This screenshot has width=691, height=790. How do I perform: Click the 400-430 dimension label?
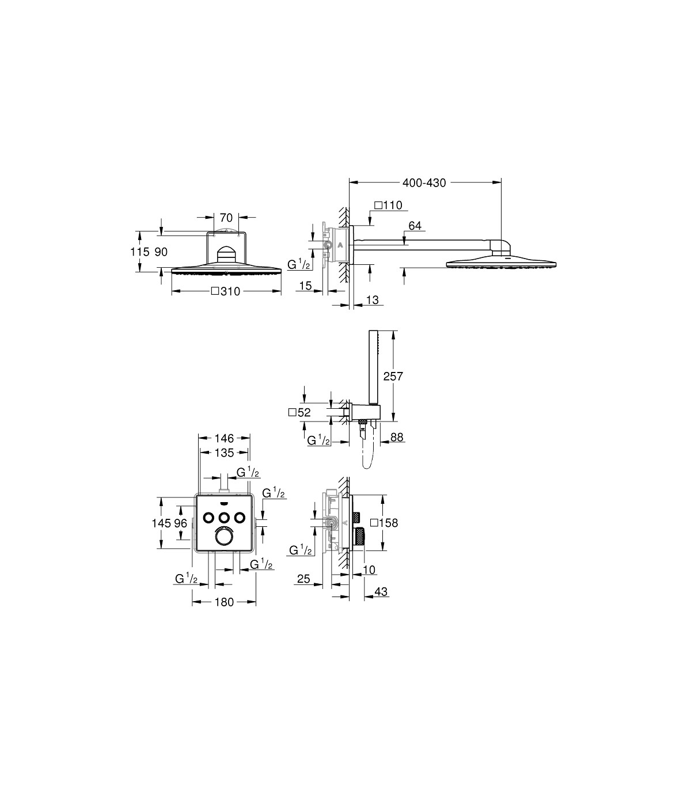424,183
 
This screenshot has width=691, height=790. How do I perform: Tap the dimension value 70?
226,218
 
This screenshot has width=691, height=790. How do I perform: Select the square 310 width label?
226,291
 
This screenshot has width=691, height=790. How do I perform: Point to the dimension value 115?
139,252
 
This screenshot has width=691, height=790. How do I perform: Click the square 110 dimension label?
388,205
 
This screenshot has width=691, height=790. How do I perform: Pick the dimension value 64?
415,226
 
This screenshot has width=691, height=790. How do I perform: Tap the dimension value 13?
372,299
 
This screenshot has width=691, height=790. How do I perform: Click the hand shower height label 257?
393,375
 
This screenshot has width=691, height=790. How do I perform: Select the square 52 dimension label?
299,412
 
